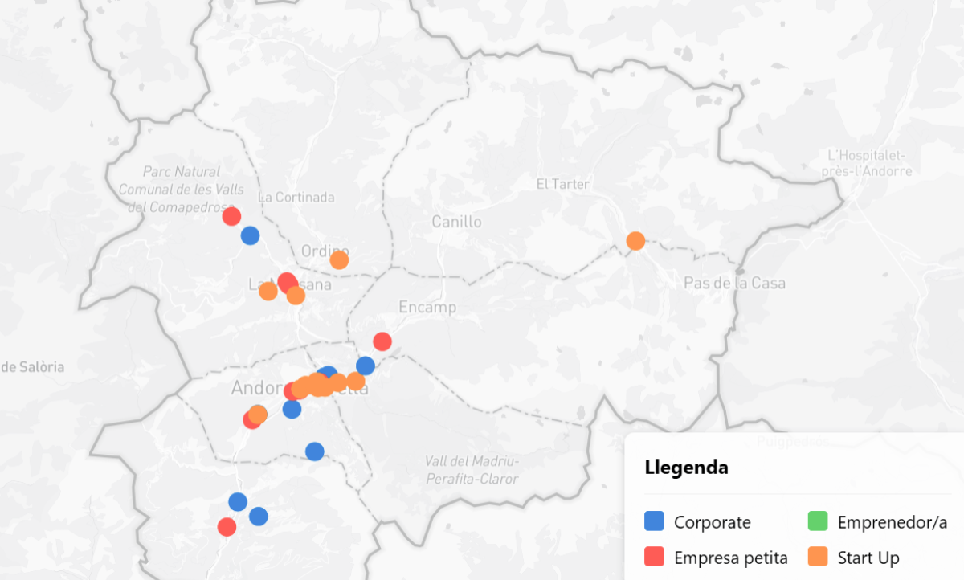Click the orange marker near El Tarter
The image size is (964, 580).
pyautogui.click(x=635, y=241)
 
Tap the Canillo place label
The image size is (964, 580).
pyautogui.click(x=456, y=222)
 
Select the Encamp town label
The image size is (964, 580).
pyautogui.click(x=427, y=307)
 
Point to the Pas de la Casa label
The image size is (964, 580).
pyautogui.click(x=734, y=283)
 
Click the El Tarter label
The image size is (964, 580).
pyautogui.click(x=562, y=184)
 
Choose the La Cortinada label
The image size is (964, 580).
pyautogui.click(x=296, y=197)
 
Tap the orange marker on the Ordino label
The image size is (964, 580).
pyautogui.click(x=339, y=259)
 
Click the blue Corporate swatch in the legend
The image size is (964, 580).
pyautogui.click(x=655, y=522)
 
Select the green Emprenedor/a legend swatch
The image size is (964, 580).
pyautogui.click(x=818, y=522)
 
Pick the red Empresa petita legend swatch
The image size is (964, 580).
pyautogui.click(x=655, y=557)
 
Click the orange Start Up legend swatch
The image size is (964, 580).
pyautogui.click(x=818, y=557)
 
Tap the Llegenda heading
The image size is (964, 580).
pyautogui.click(x=686, y=468)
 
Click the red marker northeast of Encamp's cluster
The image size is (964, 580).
pyautogui.click(x=382, y=341)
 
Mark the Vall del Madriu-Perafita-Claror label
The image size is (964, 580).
pyautogui.click(x=472, y=470)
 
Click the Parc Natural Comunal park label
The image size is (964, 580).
pyautogui.click(x=182, y=189)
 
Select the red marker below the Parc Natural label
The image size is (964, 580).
pyautogui.click(x=231, y=216)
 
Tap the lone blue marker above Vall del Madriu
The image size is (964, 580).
pyautogui.click(x=315, y=451)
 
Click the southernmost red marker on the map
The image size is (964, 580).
pyautogui.click(x=227, y=527)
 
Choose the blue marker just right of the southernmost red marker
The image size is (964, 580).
pyautogui.click(x=258, y=517)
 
